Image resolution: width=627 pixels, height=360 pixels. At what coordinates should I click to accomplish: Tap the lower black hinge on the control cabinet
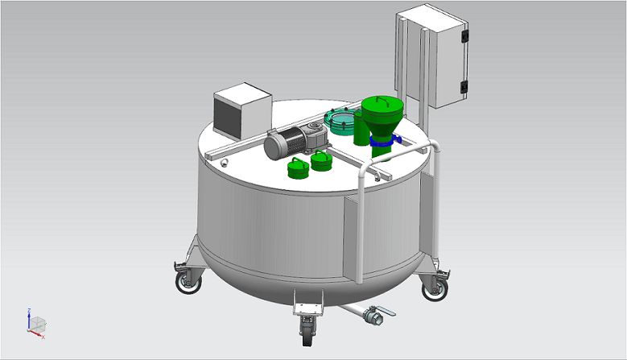click(464, 87)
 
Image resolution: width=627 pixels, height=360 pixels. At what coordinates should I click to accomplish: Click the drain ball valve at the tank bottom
click(371, 317)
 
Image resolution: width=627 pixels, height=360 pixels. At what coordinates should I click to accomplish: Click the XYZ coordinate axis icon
click(34, 323)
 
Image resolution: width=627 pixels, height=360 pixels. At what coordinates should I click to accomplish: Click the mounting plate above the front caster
click(307, 305)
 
